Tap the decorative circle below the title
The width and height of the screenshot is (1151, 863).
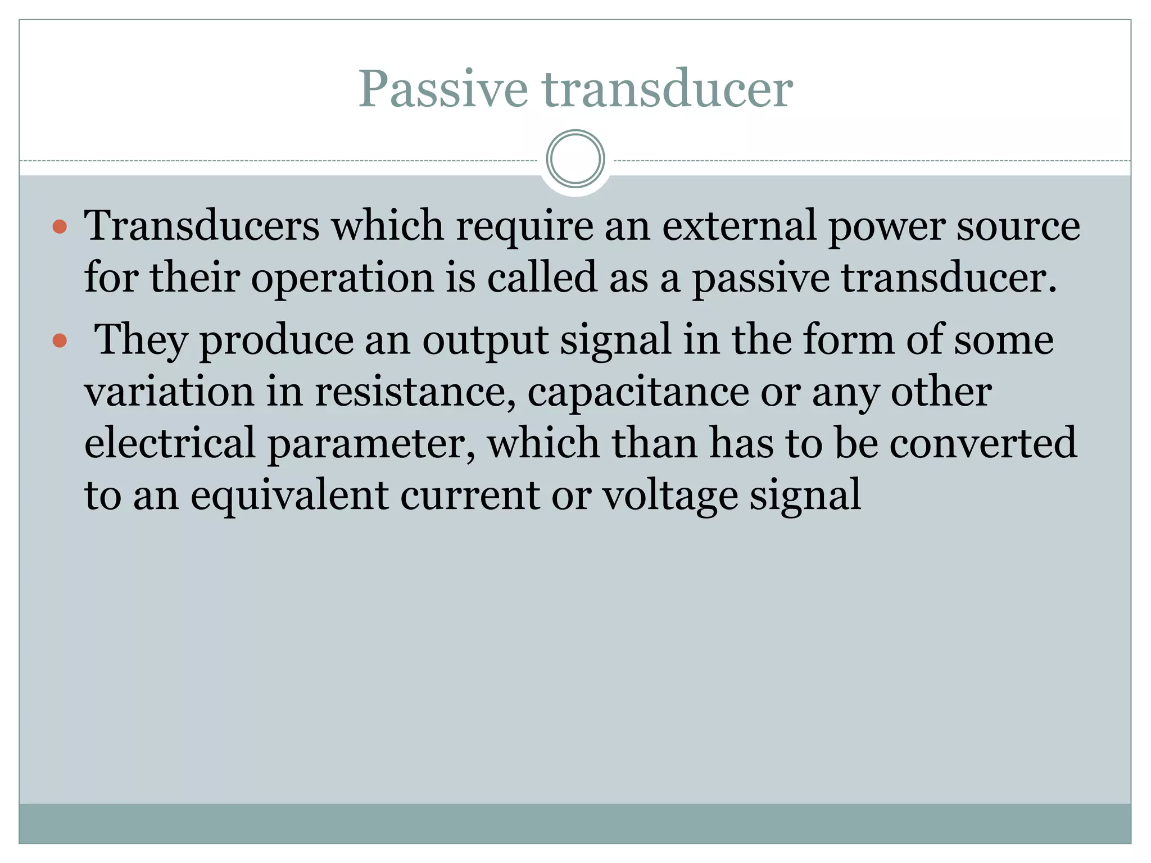point(575,159)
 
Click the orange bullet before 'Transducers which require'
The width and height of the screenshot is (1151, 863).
point(60,227)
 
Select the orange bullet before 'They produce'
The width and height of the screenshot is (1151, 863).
point(60,340)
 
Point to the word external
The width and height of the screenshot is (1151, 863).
point(739,226)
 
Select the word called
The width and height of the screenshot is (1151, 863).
point(541,278)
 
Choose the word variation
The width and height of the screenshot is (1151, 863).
point(169,392)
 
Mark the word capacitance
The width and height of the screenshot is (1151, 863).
point(638,393)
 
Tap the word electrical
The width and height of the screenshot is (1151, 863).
point(170,443)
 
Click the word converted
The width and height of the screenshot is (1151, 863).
point(983,443)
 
